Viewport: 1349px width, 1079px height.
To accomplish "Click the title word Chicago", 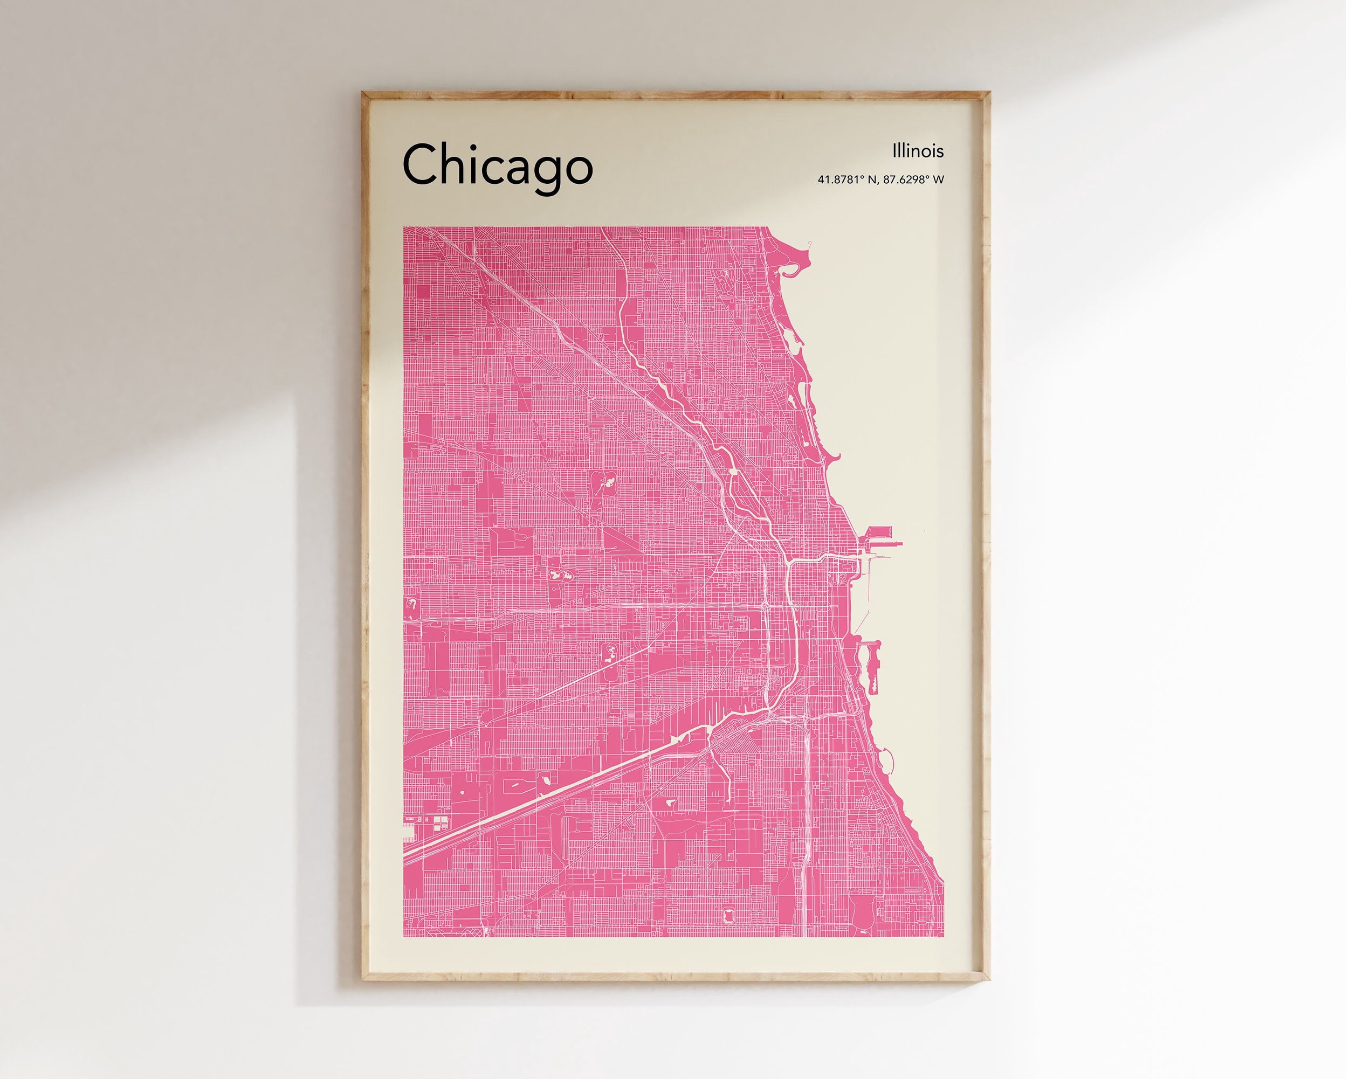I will point(498,165).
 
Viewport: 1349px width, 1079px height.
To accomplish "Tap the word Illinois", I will point(917,151).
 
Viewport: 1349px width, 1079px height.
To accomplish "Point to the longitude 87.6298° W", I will point(913,180).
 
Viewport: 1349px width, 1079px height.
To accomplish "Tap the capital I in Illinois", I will point(894,151).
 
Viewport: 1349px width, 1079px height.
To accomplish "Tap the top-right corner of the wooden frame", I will point(987,94).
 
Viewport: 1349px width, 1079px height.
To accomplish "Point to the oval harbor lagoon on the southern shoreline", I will point(888,760).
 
